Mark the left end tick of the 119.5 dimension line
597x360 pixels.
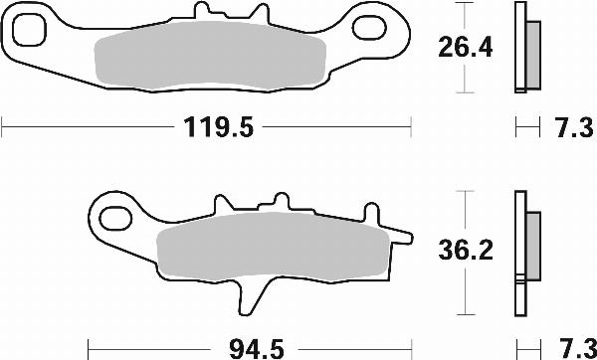(x=3, y=127)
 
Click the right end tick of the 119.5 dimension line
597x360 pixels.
(x=411, y=127)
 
